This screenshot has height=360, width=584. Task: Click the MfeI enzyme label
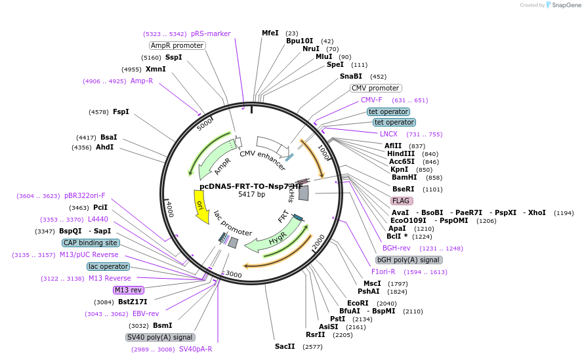[x=270, y=33]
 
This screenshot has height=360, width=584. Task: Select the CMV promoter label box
[x=375, y=88]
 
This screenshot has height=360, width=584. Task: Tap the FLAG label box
[x=402, y=201]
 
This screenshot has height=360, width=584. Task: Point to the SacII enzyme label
[x=285, y=346]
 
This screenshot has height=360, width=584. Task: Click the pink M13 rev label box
[x=128, y=290]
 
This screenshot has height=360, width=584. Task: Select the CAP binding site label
[x=91, y=243]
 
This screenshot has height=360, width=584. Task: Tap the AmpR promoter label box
[x=177, y=46]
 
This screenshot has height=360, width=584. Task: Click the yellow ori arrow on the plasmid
[x=200, y=203]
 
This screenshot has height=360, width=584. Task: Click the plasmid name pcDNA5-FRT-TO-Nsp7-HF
[x=251, y=186]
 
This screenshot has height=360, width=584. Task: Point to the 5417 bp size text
[x=251, y=195]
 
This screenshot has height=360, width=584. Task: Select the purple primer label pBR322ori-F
[x=85, y=195]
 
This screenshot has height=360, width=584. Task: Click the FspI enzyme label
[x=121, y=112]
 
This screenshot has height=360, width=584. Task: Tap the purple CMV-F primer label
[x=371, y=100]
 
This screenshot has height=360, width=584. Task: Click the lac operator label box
[x=108, y=266]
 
